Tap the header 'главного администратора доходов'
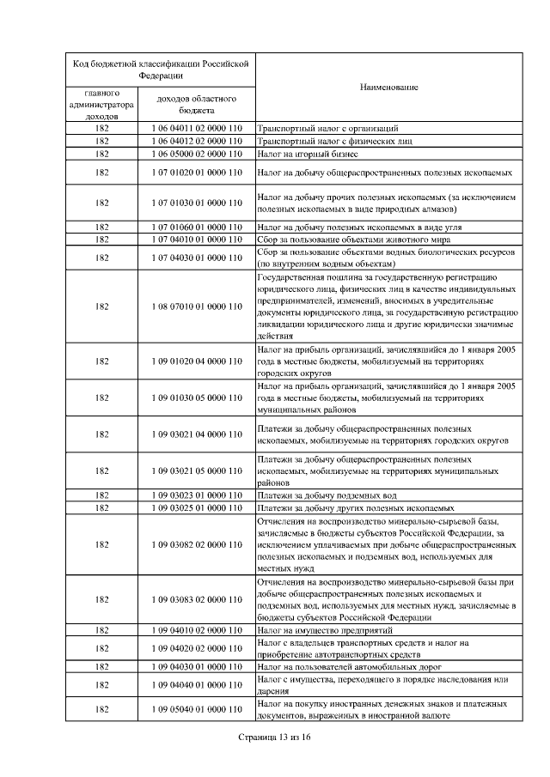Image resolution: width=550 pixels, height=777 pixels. pyautogui.click(x=102, y=104)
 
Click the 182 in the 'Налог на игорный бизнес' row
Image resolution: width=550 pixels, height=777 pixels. pyautogui.click(x=102, y=153)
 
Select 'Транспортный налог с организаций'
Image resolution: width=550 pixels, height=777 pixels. pyautogui.click(x=327, y=128)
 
